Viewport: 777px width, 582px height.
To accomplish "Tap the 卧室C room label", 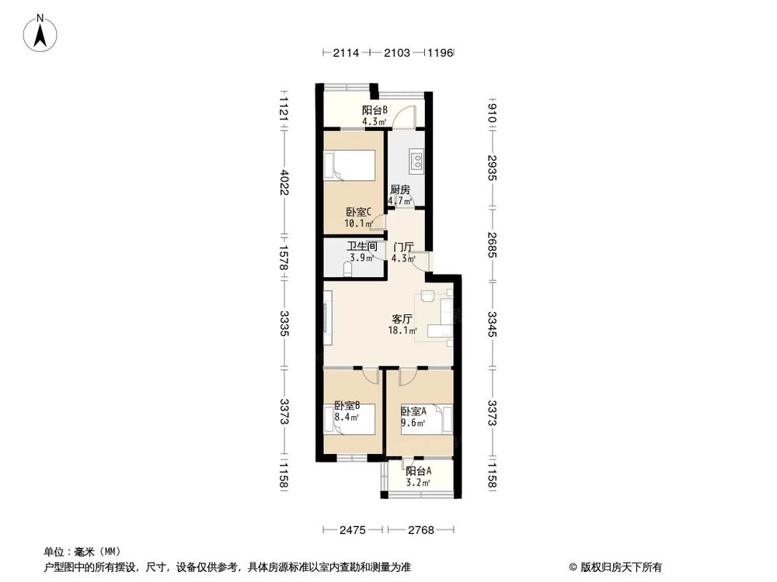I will (x=359, y=212).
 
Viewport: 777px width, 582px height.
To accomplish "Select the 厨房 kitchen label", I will (x=399, y=189).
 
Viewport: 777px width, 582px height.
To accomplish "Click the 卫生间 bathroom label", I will (x=362, y=247).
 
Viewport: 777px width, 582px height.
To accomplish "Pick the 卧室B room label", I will (x=347, y=405).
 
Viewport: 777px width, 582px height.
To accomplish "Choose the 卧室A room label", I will (x=413, y=411).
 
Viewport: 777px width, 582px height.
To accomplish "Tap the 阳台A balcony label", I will (x=418, y=470).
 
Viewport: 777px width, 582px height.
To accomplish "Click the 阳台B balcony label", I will (x=375, y=110).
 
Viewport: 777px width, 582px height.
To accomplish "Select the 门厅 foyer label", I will (x=402, y=247).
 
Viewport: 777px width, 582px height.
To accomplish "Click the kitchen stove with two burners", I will (x=417, y=161).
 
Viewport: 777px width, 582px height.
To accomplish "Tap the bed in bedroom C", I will (x=350, y=166).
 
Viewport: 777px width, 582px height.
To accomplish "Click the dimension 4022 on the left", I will (x=285, y=183).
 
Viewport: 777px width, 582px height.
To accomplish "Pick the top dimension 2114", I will (x=346, y=54).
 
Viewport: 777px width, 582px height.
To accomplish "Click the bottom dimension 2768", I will (x=422, y=530).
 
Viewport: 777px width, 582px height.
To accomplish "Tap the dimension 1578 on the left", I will (x=285, y=257).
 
